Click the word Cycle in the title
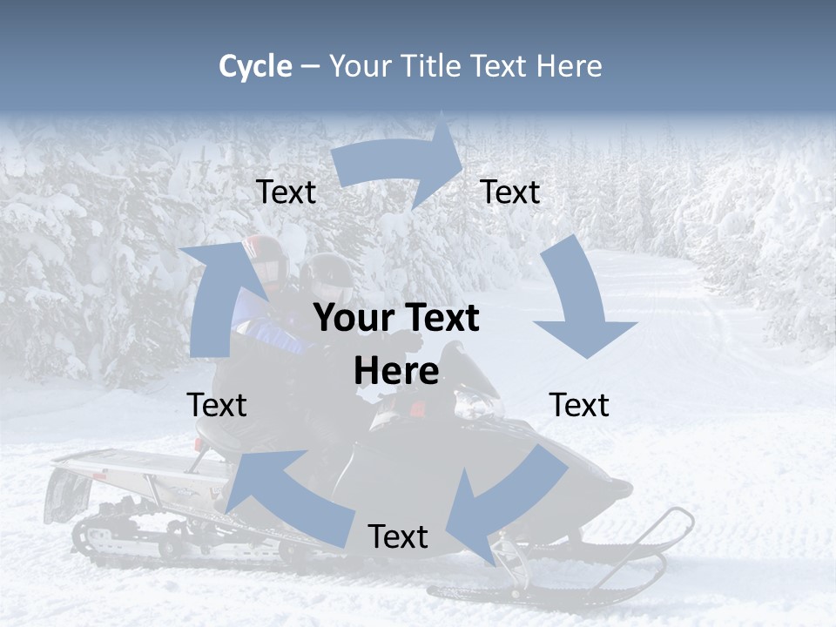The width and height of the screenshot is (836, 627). pos(255,66)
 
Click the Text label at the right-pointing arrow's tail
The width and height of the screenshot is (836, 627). pos(286,192)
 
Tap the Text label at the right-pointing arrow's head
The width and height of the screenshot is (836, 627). pos(510,192)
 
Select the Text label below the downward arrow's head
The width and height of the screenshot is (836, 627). pos(579,405)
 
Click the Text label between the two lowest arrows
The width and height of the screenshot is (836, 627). pos(398,536)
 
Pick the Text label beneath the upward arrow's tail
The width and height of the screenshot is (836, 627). pos(217,405)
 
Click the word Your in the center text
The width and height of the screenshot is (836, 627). pos(347,319)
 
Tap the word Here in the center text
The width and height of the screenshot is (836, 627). pos(396,371)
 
